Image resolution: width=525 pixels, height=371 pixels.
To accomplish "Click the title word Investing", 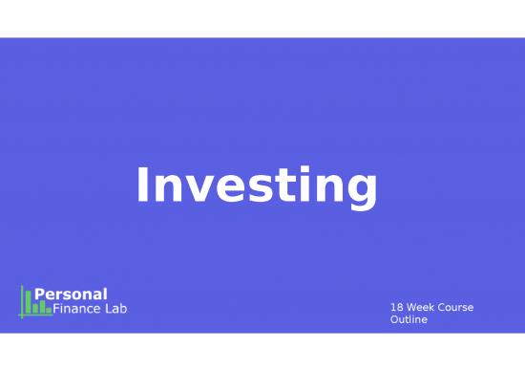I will point(257,186).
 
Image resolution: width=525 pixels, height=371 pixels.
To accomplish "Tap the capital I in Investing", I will point(143,185).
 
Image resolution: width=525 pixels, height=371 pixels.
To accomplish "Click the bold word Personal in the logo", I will point(71,294).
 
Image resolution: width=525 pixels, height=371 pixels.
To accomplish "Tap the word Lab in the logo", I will point(116,308).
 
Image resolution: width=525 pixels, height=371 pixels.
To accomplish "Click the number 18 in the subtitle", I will point(397,307).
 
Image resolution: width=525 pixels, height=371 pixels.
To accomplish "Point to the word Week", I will point(422,307).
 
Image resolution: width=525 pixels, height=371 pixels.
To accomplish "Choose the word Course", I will point(457,307).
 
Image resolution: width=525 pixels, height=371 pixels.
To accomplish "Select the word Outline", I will point(409,319).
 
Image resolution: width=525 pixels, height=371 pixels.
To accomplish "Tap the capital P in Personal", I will point(40,294).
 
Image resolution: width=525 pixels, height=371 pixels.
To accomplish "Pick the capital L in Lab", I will point(108,308).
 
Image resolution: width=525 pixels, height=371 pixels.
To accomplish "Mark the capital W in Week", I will point(412,307).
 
